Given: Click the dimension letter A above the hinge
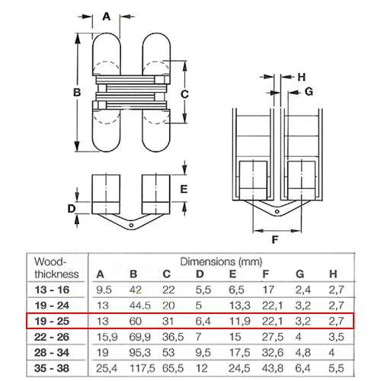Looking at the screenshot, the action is click(x=107, y=17).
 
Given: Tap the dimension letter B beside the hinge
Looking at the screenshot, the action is click(x=77, y=92).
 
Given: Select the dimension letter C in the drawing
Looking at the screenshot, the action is click(x=184, y=94).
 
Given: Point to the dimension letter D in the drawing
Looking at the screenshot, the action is click(x=72, y=209).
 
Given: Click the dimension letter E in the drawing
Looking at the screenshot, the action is click(x=184, y=189).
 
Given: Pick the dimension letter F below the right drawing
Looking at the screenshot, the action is click(x=275, y=239).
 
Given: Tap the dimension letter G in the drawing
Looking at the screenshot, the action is click(x=309, y=91).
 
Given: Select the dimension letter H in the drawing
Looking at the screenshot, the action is click(x=302, y=77).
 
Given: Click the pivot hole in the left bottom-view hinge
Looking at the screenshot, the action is click(x=131, y=226).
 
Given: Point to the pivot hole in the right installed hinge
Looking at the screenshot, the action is click(x=277, y=212).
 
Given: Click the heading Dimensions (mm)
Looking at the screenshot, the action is click(x=221, y=262).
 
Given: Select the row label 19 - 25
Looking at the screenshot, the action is click(x=52, y=322).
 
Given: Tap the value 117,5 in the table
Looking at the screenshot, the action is click(x=142, y=369).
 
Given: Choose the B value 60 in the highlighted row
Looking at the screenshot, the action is click(x=135, y=322).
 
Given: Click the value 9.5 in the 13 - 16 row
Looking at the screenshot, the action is click(x=104, y=290).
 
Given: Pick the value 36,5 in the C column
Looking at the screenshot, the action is click(x=173, y=338).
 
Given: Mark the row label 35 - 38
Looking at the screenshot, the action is click(x=52, y=368).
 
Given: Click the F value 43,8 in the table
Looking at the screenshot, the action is click(x=273, y=369).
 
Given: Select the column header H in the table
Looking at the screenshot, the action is click(x=333, y=274).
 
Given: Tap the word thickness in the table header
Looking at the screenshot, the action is click(x=56, y=274).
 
